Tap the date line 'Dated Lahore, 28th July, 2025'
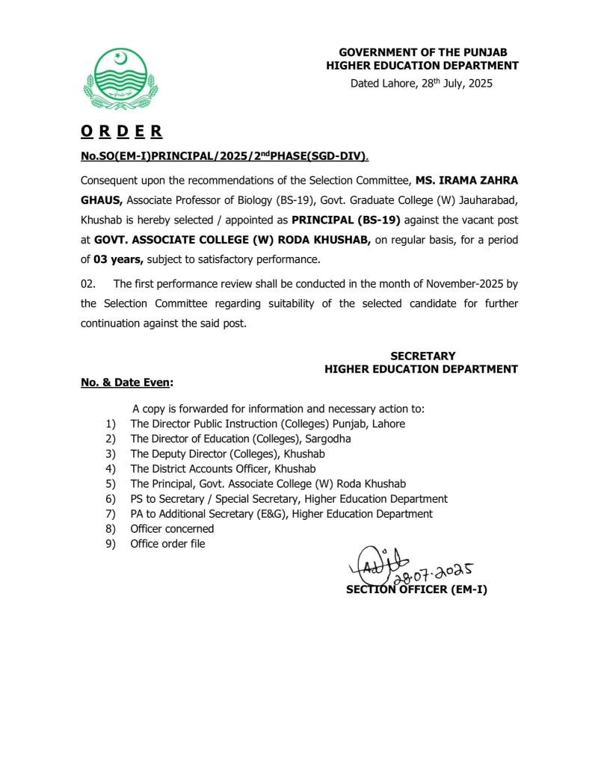tap(422, 84)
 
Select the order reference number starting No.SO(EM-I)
tap(224, 156)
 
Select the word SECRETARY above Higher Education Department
tap(422, 356)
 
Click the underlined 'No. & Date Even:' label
tap(127, 382)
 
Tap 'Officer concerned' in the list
tap(172, 528)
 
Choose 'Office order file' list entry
tap(167, 543)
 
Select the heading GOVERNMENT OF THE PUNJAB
tap(422, 52)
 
